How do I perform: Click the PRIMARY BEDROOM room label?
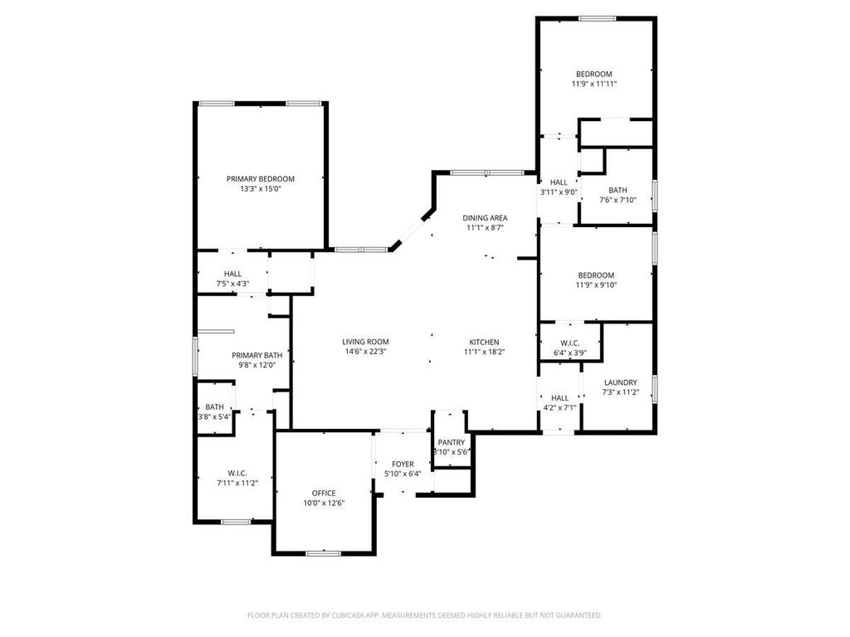click(x=260, y=179)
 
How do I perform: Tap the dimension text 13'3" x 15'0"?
click(x=260, y=189)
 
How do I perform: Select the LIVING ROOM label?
click(x=365, y=342)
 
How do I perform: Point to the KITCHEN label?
click(x=484, y=343)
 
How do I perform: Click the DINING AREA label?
click(x=485, y=218)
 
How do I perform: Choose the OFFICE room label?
click(x=324, y=493)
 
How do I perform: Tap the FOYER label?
click(x=403, y=464)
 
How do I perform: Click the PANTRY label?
click(x=452, y=443)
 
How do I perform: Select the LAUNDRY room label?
click(x=621, y=382)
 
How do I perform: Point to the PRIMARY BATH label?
click(x=257, y=355)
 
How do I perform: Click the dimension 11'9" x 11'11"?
click(x=594, y=84)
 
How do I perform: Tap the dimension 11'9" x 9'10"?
click(x=596, y=285)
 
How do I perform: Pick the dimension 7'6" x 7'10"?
click(x=618, y=200)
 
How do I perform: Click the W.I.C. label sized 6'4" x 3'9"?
click(x=570, y=343)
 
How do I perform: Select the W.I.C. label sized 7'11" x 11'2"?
click(x=237, y=474)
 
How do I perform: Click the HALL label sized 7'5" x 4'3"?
click(x=232, y=274)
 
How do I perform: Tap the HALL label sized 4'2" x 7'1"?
click(x=560, y=398)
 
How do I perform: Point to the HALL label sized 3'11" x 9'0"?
click(x=559, y=182)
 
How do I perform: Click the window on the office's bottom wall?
click(x=324, y=553)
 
